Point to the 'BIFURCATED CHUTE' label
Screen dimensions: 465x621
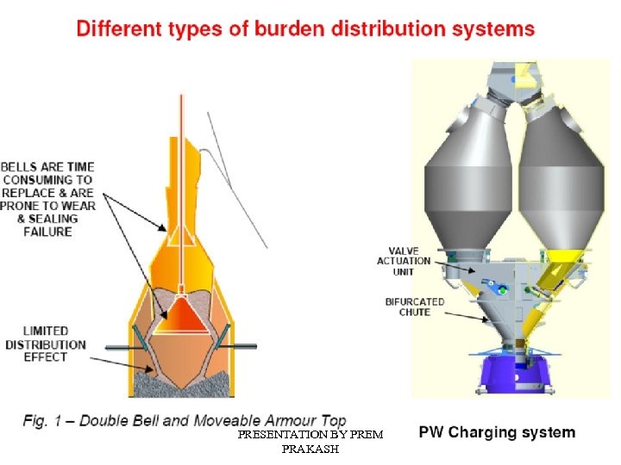click(414, 307)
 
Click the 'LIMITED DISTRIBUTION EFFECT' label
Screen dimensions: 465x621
click(46, 344)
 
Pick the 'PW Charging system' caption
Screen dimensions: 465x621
click(497, 432)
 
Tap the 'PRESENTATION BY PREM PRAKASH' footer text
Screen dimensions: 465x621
click(310, 442)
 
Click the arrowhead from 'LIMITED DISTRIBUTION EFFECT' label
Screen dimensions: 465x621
click(155, 370)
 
